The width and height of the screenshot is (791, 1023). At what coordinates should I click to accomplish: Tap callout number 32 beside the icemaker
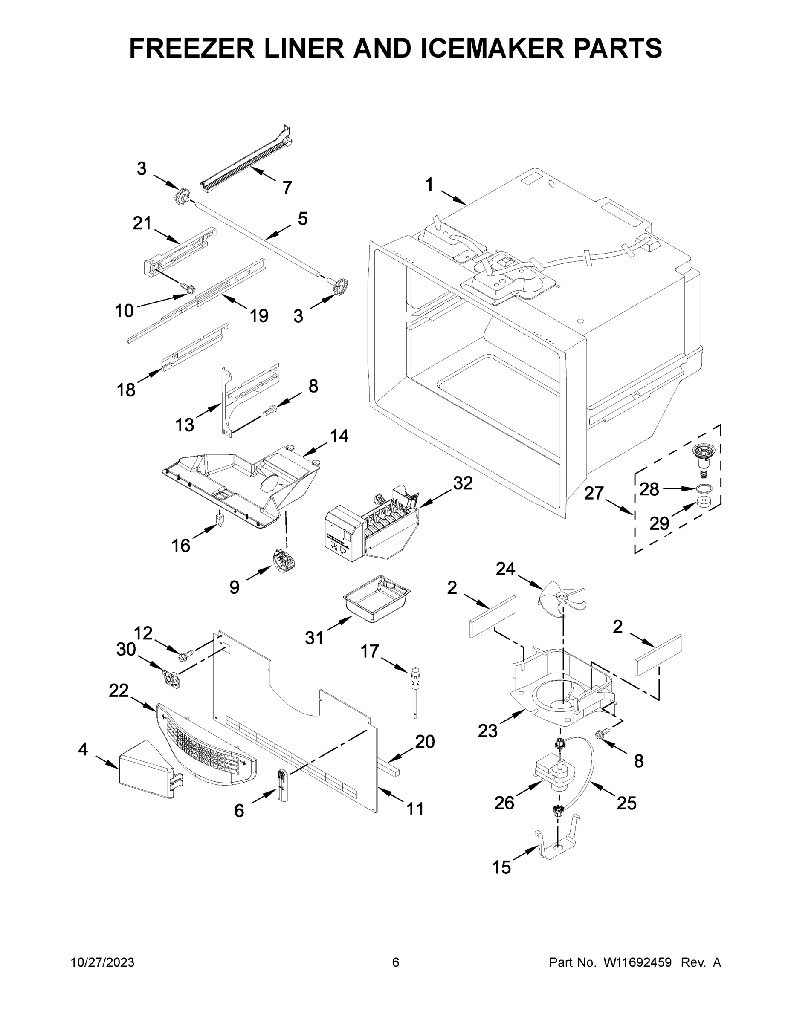[463, 483]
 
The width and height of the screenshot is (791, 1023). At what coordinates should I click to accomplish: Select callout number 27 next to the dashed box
[594, 493]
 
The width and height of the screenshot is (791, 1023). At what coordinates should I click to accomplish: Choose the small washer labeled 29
[703, 503]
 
